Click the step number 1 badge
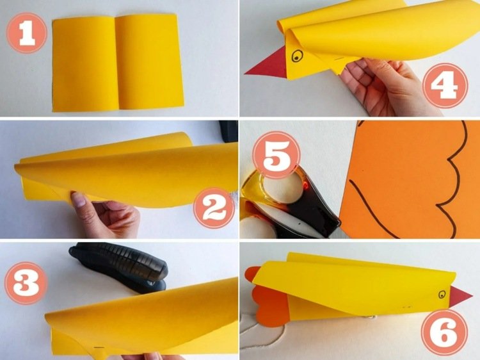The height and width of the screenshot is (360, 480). [x=27, y=33]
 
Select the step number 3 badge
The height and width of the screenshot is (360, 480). [x=26, y=282]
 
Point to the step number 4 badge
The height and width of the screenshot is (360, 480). [x=445, y=85]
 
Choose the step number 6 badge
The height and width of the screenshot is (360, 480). [x=444, y=332]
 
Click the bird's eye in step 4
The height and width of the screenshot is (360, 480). [x=297, y=56]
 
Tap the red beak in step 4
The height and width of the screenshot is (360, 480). [x=266, y=65]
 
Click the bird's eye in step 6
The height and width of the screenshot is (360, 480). [x=442, y=295]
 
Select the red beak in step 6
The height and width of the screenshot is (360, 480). [x=460, y=297]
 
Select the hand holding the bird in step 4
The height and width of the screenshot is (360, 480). [x=387, y=86]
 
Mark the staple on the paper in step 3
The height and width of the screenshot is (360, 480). [x=99, y=348]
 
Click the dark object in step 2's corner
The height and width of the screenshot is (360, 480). [x=228, y=131]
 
